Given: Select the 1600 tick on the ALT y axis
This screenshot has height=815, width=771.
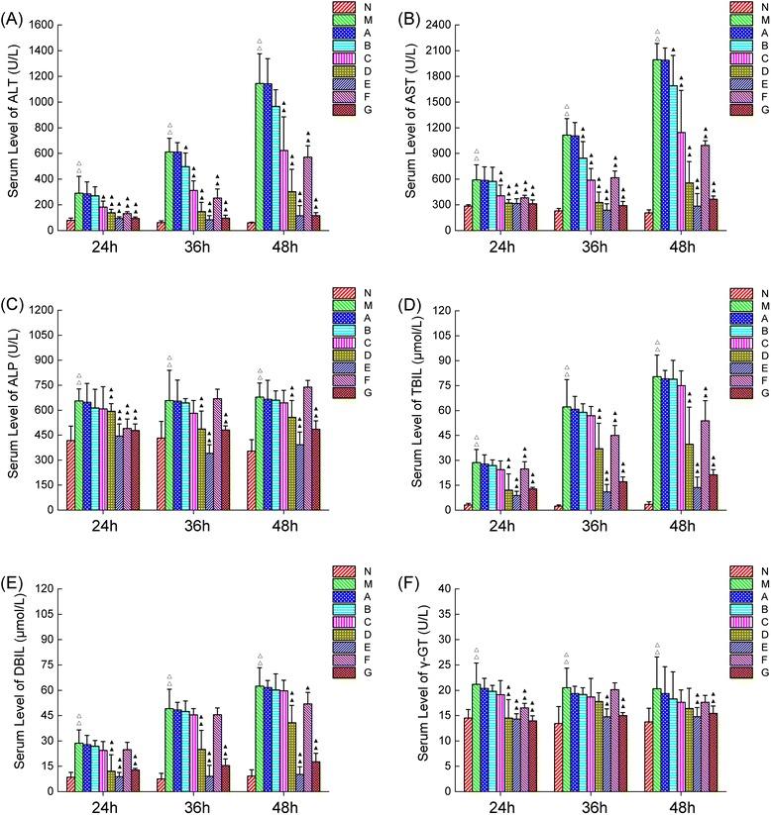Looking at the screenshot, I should point(43,24).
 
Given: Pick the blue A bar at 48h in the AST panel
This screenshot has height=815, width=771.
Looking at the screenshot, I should point(664,145).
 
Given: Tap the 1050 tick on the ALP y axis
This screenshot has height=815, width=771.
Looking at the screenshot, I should point(43,335).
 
